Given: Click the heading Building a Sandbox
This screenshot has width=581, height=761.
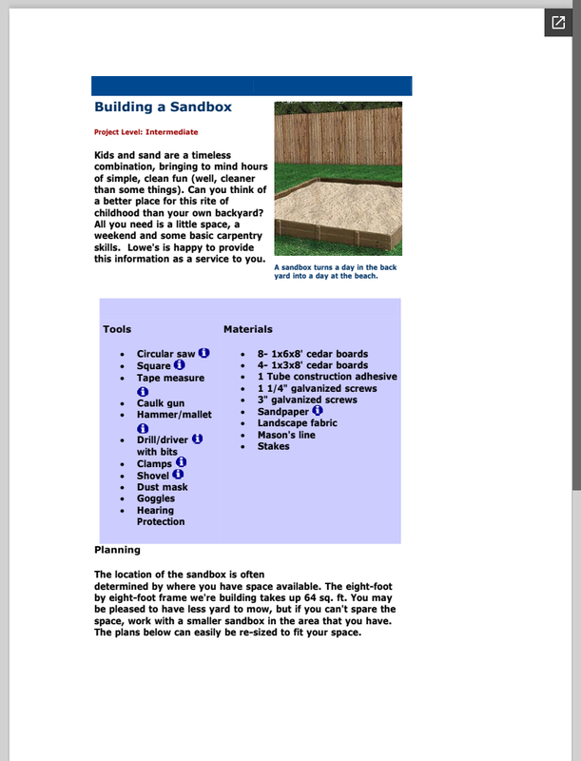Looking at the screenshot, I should (x=163, y=107).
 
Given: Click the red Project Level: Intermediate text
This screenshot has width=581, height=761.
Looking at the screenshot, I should (x=145, y=132).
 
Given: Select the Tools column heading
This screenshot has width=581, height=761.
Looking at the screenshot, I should (x=117, y=329).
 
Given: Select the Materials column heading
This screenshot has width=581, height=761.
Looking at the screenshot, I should (x=248, y=329).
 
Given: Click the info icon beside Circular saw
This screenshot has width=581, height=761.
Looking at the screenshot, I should (x=204, y=353).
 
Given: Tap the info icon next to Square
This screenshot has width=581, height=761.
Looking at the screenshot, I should (x=180, y=364).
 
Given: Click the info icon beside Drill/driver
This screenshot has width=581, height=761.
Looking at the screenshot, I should (x=198, y=439).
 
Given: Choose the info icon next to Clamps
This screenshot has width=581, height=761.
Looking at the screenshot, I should (x=182, y=462).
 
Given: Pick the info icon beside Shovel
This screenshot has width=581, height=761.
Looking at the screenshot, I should (x=178, y=474).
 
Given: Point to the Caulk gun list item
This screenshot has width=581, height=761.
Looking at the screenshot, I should (x=161, y=403).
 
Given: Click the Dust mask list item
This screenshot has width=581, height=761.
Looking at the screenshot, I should (x=162, y=487).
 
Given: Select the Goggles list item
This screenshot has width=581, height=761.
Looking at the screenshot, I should (x=156, y=498).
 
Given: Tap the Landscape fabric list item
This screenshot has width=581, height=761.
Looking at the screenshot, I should (x=298, y=423).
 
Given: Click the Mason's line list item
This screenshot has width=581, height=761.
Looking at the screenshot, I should (x=286, y=435).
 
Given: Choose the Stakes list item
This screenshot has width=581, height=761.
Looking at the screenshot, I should (x=274, y=446).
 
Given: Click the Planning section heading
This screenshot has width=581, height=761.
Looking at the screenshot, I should (x=117, y=550).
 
